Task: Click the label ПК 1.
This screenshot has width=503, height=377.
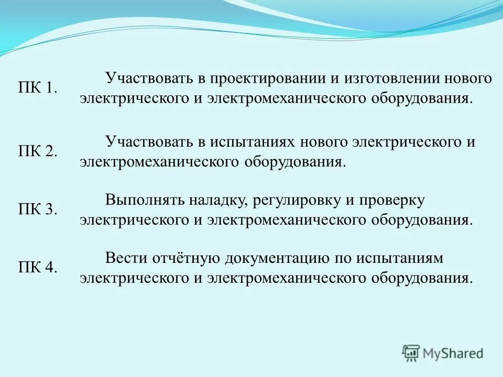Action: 38,88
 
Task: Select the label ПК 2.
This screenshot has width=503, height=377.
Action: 38,151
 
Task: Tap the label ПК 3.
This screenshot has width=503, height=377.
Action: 38,209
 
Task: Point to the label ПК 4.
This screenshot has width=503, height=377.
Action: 38,267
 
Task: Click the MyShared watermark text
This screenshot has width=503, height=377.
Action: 453,354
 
